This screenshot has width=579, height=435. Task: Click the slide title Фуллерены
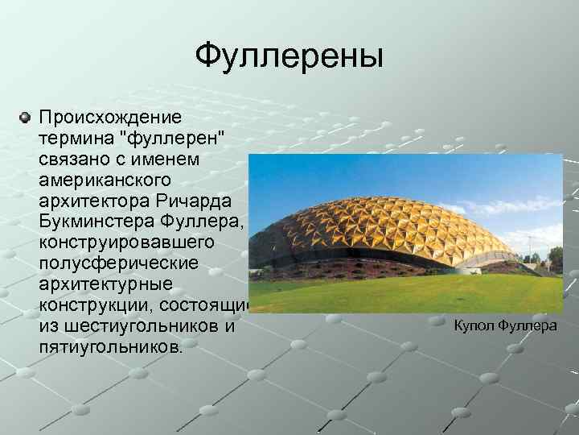click(x=289, y=56)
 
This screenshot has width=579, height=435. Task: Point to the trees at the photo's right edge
click(x=555, y=259)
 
